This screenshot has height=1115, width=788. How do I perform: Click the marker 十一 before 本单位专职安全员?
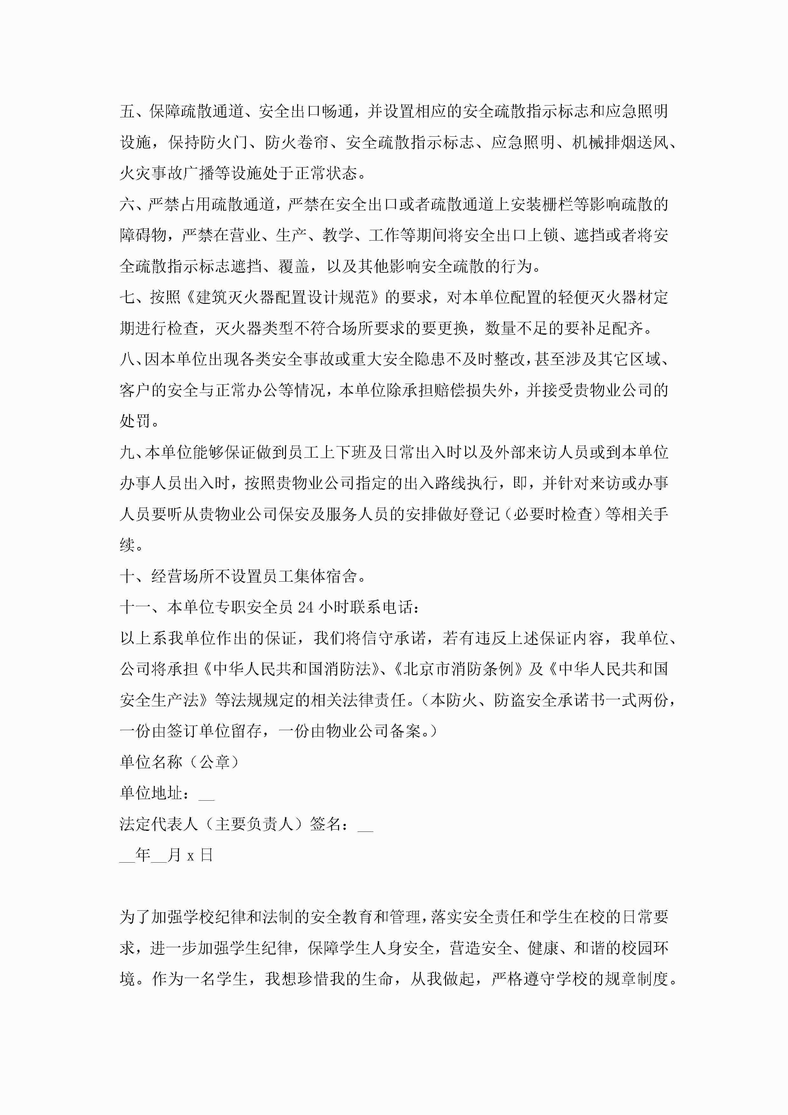click(x=135, y=607)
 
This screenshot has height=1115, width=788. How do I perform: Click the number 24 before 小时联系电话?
click(x=305, y=607)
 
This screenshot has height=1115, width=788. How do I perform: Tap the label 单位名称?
click(x=151, y=763)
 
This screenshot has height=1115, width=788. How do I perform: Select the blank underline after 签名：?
click(x=365, y=826)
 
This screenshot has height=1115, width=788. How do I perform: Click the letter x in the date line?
click(x=190, y=856)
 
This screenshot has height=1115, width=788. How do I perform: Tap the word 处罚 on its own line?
click(x=135, y=421)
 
